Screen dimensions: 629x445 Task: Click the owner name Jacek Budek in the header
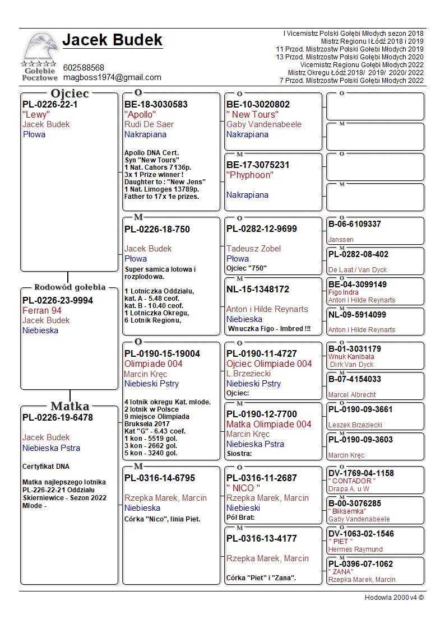coord(112,40)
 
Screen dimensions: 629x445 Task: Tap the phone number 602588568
coord(84,68)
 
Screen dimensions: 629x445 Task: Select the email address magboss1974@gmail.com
coord(112,77)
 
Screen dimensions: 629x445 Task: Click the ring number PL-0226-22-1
coord(50,104)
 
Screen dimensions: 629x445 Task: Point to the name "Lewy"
coord(36,114)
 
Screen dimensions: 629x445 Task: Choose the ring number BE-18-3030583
coord(156,104)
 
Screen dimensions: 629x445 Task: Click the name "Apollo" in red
coord(140,114)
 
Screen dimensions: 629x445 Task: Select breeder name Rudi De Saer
coord(149,124)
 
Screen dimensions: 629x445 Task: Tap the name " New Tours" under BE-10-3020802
coord(252,114)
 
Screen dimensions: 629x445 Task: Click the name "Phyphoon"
coord(250,175)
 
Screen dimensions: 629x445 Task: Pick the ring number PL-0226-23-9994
coord(58,300)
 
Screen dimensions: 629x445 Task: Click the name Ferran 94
coord(42,310)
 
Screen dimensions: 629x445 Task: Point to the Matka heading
coord(69,406)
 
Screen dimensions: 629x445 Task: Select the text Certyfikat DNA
coord(46,467)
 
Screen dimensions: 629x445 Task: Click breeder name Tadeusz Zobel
coord(253,249)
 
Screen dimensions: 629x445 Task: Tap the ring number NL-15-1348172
coord(258,289)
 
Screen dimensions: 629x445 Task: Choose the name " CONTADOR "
coord(352,481)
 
